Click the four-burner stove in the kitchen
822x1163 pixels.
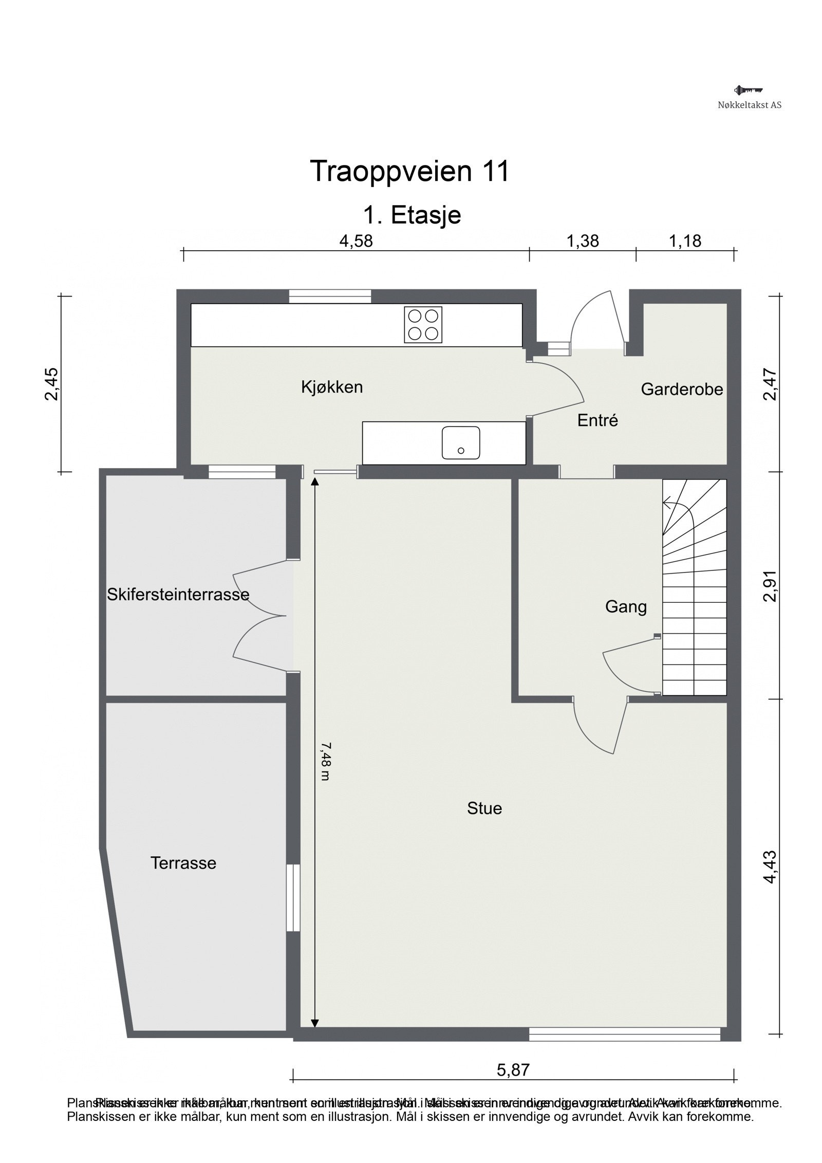point(423,324)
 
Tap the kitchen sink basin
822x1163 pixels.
point(460,442)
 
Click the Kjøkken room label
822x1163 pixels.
point(332,387)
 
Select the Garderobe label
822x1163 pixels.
point(682,389)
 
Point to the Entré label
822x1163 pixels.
point(597,420)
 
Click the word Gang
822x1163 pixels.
point(625,607)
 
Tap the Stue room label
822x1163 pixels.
point(484,808)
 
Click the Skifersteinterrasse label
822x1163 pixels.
point(178,595)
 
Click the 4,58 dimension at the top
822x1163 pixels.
point(356,241)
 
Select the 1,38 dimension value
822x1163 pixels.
point(582,241)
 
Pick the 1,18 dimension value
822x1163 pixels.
point(685,241)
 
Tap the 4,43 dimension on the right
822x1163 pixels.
point(770,867)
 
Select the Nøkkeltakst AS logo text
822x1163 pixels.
point(750,105)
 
